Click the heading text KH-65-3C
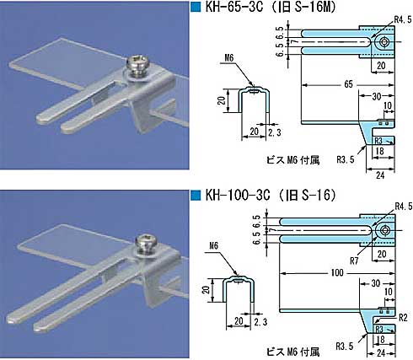tap(234, 7)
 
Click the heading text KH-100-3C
tap(238, 195)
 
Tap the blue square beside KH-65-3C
tap(196, 7)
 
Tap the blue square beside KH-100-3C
tap(196, 195)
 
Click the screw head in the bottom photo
tap(146, 241)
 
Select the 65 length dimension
tap(348, 84)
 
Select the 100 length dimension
tap(337, 272)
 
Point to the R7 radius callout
tap(354, 261)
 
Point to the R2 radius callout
tap(403, 318)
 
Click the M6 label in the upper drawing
tap(229, 58)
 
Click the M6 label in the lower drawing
tap(213, 246)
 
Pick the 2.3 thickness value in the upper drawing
tap(275, 132)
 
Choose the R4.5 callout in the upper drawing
tap(403, 19)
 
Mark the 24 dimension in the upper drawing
tap(380, 175)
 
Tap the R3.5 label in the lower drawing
tap(345, 346)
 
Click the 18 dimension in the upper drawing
tap(379, 151)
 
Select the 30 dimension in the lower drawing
tap(376, 283)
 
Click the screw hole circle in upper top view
tap(383, 42)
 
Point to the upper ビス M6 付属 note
tap(292, 160)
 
